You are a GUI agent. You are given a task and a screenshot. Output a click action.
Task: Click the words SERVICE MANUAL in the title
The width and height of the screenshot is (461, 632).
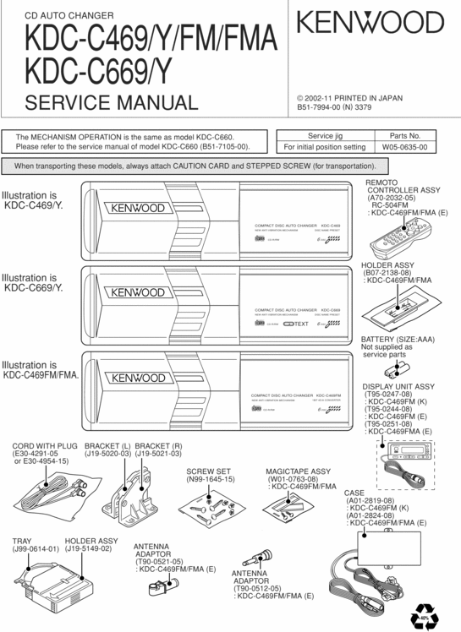click(112, 104)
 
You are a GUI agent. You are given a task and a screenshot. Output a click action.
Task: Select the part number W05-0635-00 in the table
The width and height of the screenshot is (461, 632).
click(403, 147)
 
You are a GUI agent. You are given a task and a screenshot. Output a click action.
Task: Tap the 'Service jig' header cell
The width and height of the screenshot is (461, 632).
click(325, 135)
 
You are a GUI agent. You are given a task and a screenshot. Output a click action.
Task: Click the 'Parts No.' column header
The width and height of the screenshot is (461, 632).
click(403, 135)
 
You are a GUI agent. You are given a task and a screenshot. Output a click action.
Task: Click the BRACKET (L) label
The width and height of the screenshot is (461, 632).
click(107, 445)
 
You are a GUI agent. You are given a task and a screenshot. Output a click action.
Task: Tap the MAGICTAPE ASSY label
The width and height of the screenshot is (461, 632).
click(298, 471)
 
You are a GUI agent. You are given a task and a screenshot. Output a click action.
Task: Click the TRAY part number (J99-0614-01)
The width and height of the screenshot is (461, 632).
click(36, 549)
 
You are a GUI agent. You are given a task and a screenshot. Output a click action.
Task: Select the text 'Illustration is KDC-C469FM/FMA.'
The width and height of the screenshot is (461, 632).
click(40, 370)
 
